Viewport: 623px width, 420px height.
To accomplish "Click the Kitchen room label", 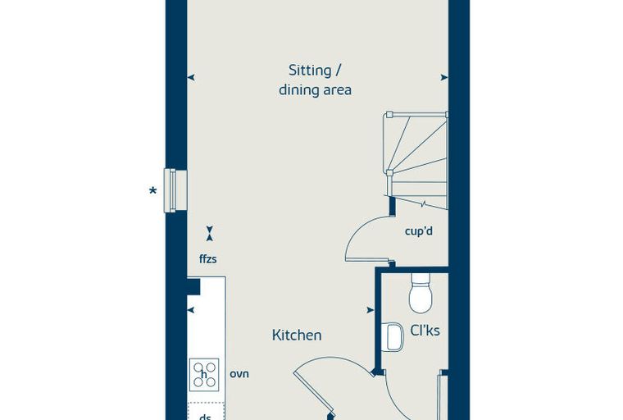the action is point(297,335).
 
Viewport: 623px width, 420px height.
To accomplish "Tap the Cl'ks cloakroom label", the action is point(425,330).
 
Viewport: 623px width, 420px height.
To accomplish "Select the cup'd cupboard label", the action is point(419,231).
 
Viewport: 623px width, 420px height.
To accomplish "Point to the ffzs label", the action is point(207,259).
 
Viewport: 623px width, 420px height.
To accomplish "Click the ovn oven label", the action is point(239,374).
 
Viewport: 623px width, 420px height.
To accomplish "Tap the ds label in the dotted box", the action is point(205,417).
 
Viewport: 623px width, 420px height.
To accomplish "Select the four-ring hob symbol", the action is point(204,374).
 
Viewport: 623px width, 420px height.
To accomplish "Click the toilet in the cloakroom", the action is point(421,293).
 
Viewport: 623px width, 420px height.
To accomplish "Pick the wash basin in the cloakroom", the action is point(393,337).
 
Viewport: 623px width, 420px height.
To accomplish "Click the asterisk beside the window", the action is point(152,191).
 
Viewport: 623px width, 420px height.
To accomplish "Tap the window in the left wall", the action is point(175,190).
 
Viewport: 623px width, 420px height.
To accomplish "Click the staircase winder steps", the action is point(416,160).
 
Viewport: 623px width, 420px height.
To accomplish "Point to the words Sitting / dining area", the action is point(315,80).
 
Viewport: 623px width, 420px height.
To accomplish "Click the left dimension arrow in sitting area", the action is point(191,78).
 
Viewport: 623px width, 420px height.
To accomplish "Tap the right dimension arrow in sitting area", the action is point(444,78).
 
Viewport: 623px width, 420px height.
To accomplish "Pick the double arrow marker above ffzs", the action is point(209,234).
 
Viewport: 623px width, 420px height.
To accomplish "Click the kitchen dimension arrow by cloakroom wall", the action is point(371,310).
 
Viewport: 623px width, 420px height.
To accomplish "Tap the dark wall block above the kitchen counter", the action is point(193,286).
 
